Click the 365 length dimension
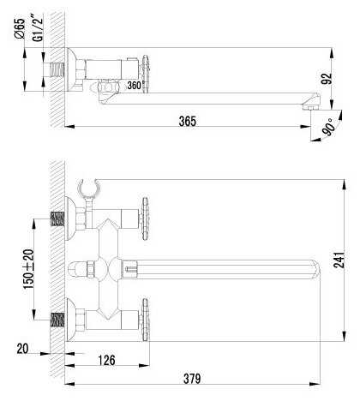pyautogui.click(x=188, y=121)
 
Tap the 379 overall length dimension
pyautogui.click(x=192, y=379)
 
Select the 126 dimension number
pyautogui.click(x=106, y=360)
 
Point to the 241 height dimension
pyautogui.click(x=339, y=260)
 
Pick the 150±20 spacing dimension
pyautogui.click(x=28, y=269)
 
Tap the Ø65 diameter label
pyautogui.click(x=20, y=28)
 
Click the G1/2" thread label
pyautogui.click(x=38, y=27)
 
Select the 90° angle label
pyautogui.click(x=328, y=127)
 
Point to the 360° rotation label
pyautogui.click(x=134, y=85)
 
